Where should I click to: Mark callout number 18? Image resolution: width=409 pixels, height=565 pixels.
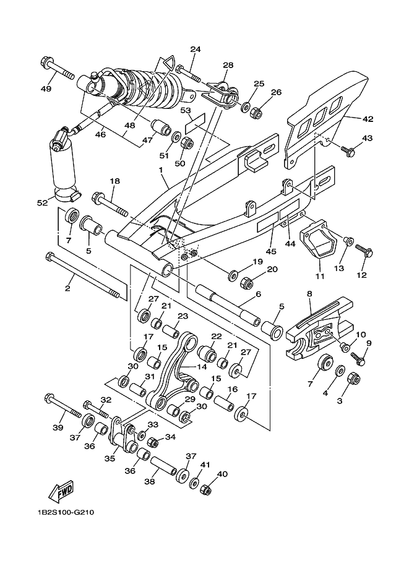coord(115,181)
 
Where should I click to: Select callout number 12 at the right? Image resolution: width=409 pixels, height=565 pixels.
coord(362,275)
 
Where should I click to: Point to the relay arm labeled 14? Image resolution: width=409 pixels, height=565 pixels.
coord(177,371)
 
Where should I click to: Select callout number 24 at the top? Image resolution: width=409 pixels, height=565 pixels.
coord(196,49)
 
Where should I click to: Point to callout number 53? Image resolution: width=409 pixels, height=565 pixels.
coord(184,111)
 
